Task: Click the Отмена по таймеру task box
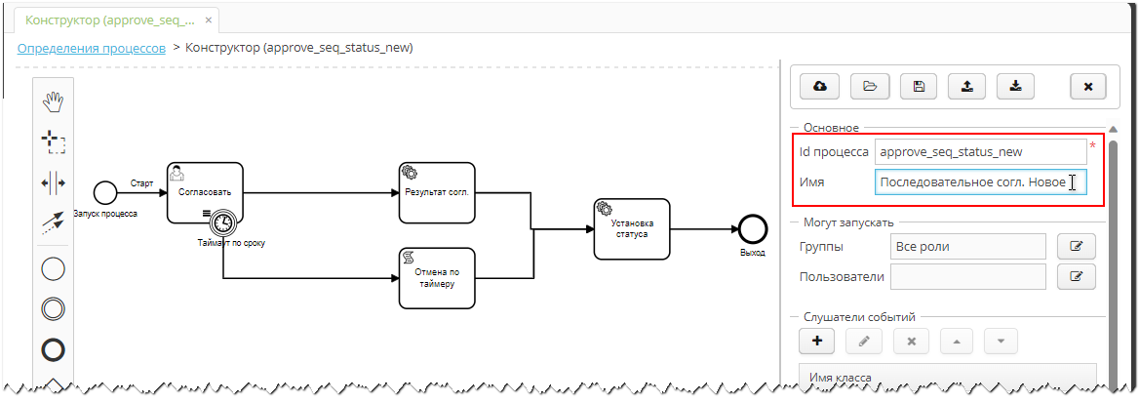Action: point(437,277)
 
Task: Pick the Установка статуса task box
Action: point(633,229)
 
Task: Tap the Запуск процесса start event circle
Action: point(104,192)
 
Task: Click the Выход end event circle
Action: point(752,229)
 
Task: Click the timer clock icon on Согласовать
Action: point(224,222)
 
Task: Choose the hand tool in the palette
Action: point(53,101)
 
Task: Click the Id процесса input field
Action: point(980,151)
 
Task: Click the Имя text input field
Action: point(980,182)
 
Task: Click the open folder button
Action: point(870,86)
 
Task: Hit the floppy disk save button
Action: point(919,86)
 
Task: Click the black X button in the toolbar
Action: point(1087,86)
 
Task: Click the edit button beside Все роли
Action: point(1076,246)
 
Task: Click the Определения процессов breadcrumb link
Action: point(91,47)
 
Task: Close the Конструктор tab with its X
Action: point(209,20)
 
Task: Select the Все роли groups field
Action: point(967,246)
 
